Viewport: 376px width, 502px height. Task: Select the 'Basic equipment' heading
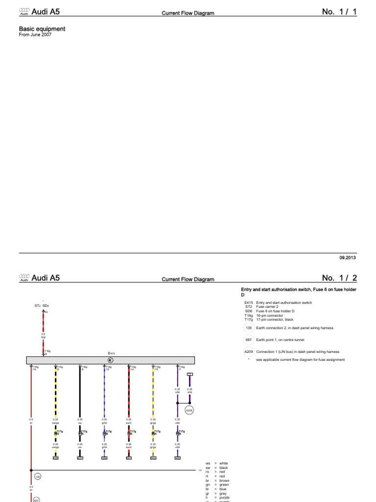[x=42, y=29]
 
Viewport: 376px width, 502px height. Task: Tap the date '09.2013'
[x=348, y=257]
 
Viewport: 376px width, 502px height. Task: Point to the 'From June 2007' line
[x=35, y=35]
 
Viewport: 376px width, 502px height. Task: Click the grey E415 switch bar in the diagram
[x=110, y=360]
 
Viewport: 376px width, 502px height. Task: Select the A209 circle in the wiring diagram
[x=189, y=410]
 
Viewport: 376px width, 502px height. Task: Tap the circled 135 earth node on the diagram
[x=38, y=476]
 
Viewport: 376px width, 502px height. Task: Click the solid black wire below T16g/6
[x=80, y=392]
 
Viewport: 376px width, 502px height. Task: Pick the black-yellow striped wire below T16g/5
[x=55, y=392]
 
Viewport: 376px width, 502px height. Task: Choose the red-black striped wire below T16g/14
[x=129, y=392]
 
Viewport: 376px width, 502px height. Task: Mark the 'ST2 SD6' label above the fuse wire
[x=42, y=306]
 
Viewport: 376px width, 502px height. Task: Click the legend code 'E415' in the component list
[x=248, y=302]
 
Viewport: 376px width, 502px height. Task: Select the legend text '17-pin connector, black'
[x=277, y=319]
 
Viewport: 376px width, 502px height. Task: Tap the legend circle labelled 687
[x=248, y=339]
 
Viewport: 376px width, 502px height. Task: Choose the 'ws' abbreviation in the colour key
[x=208, y=463]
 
